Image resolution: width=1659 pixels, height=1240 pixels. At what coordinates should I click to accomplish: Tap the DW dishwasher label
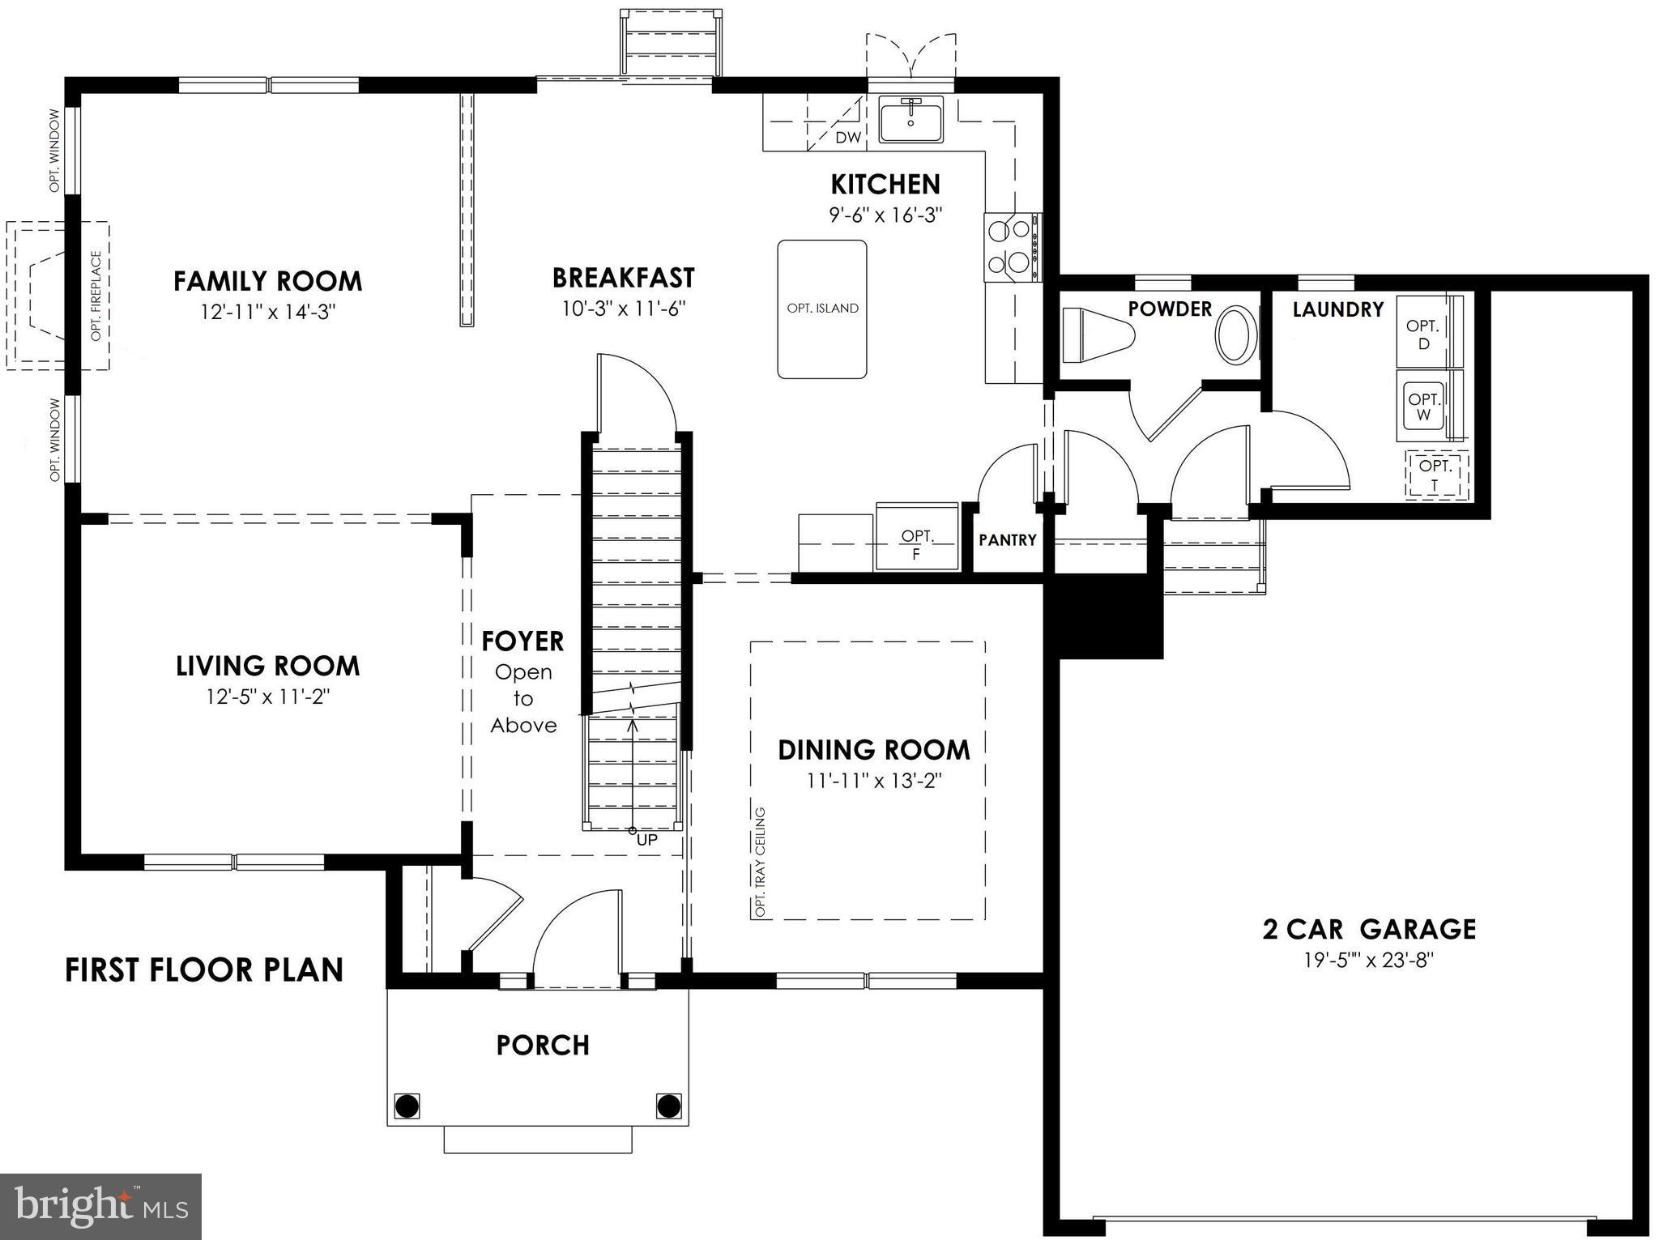847,138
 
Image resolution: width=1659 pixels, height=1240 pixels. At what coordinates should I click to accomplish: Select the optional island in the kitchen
821,309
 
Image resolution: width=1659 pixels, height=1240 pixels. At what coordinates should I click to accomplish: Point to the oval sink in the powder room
1235,334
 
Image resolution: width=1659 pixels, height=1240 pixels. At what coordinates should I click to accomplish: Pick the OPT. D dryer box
1423,334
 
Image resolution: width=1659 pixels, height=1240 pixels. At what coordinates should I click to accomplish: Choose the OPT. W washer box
1423,407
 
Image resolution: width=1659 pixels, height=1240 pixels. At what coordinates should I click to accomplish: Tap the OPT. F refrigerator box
917,543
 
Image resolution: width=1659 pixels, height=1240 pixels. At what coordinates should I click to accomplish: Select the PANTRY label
1007,540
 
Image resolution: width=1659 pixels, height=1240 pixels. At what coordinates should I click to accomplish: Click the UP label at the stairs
646,840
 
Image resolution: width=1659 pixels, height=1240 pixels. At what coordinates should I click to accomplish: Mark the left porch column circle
407,1105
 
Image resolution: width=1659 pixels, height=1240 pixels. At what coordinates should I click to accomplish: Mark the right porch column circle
668,1105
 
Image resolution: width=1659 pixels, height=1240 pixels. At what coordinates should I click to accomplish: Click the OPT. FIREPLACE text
96,296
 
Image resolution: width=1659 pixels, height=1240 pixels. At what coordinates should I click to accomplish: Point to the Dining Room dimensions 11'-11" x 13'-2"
873,782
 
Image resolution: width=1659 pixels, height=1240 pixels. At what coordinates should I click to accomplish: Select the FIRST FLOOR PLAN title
204,970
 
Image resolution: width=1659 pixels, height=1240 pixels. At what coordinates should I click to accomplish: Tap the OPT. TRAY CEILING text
760,862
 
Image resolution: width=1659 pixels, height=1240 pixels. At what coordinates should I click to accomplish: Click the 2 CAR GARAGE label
1368,929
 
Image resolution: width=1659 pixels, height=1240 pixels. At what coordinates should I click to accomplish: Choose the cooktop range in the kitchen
1013,247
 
